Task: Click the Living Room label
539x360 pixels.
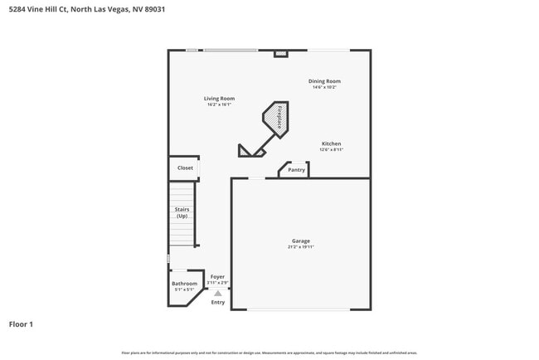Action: [219, 99]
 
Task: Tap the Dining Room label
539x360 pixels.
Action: [324, 81]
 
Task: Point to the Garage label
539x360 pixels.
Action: [300, 241]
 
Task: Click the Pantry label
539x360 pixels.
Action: [296, 170]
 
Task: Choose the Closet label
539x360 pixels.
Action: [185, 168]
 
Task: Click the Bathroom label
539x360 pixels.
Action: [184, 284]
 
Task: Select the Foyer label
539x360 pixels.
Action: [217, 277]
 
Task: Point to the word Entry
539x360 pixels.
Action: [217, 302]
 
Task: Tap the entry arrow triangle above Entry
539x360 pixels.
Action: [217, 293]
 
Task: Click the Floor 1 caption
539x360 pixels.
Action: [21, 324]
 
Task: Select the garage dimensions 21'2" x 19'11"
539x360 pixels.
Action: [300, 247]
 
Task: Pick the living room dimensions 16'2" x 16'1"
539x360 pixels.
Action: [219, 105]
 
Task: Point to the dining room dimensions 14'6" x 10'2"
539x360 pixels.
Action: [324, 87]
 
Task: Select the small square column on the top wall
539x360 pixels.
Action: [280, 54]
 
